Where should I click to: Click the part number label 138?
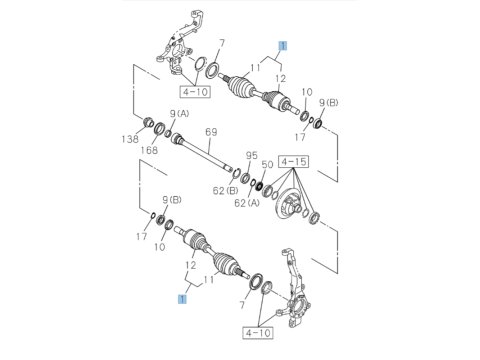pos(130,139)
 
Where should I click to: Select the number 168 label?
pos(149,150)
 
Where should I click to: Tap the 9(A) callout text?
pos(179,114)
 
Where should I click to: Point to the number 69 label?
pos(211,132)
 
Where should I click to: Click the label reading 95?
pos(252,155)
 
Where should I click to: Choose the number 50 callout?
pos(267,164)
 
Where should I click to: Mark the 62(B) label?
pos(225,191)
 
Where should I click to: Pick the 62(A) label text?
pos(247,203)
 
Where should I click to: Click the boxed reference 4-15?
pos(293,162)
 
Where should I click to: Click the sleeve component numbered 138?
pos(148,122)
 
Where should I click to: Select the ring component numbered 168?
pos(159,128)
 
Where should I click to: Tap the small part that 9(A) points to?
pos(168,134)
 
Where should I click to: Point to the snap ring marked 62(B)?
pos(236,173)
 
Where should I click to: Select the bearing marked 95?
pos(245,178)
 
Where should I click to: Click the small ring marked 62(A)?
pos(253,182)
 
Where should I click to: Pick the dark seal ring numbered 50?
pos(259,186)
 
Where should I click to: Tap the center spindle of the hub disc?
pos(297,209)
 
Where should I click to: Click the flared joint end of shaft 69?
pos(177,138)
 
